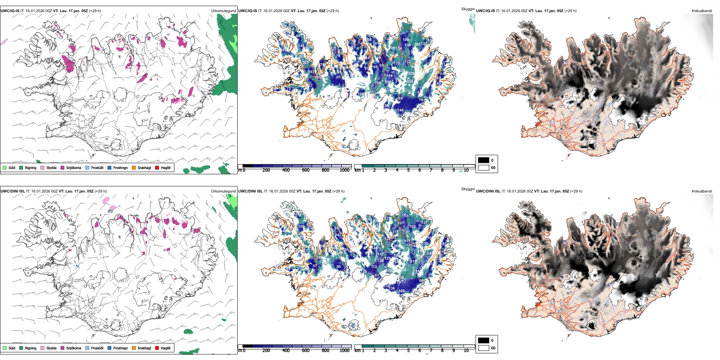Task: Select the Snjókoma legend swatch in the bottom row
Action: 63,348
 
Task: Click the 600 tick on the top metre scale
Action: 305,170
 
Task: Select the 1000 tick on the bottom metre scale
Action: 344,351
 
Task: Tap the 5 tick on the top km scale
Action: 408,170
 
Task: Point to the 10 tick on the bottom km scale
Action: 466,351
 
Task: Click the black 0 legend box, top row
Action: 484,160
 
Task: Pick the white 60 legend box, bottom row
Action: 484,348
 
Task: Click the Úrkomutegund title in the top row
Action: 223,11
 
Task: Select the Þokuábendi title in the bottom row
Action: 702,191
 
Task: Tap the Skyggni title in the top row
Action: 468,9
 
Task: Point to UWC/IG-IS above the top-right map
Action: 485,11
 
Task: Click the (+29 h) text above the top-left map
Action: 95,11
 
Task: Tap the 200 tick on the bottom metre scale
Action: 266,351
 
